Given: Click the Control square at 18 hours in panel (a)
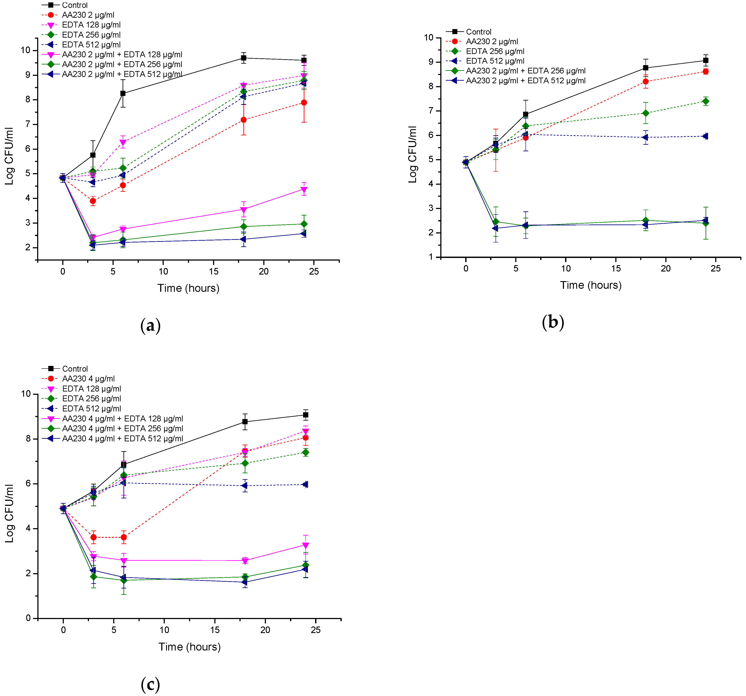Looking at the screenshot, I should click(x=244, y=58).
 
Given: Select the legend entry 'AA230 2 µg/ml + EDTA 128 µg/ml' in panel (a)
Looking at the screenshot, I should click(x=122, y=54).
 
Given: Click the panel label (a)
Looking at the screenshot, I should click(x=151, y=325).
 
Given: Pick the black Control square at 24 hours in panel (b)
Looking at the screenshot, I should click(x=706, y=60).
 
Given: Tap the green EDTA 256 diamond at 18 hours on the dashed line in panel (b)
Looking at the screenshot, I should click(x=645, y=113).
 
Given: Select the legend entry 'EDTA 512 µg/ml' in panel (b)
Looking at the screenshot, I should click(x=495, y=61).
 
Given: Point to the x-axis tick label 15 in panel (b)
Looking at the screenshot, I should click(x=616, y=268).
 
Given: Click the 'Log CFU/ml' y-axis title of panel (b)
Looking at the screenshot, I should click(x=413, y=155).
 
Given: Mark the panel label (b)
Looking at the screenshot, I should click(x=553, y=322).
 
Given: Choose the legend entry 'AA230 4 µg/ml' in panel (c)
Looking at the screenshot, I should click(x=88, y=379).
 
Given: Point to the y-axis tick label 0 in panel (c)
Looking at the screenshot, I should click(x=29, y=618).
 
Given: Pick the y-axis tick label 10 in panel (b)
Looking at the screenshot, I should click(x=429, y=38).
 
